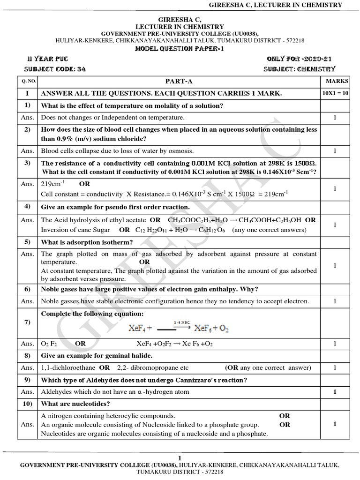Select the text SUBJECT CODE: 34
click(58, 69)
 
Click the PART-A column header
click(179, 81)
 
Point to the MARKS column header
click(334, 81)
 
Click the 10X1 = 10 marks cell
click(335, 94)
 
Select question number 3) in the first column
click(28, 163)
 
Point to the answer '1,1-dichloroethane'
click(68, 367)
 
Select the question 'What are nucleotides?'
click(75, 403)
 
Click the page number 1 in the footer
click(180, 457)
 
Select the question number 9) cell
click(28, 380)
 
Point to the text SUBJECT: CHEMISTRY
click(300, 69)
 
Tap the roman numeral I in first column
click(28, 94)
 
